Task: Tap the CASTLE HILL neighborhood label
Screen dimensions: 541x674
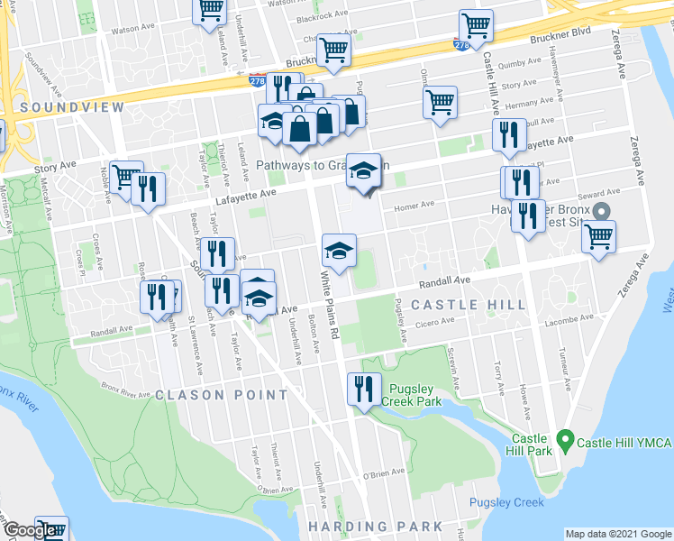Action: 469,305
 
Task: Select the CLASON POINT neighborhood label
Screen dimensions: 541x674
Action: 222,395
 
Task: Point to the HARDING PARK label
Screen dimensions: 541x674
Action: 363,526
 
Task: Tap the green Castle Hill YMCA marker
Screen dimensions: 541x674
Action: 565,441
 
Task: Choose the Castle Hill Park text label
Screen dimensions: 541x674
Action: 526,442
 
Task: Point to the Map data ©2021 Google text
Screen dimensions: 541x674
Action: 617,534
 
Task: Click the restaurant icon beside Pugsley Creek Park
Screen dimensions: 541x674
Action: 363,390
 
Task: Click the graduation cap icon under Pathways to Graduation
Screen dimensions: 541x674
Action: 362,170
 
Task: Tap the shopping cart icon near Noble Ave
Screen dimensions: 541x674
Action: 126,176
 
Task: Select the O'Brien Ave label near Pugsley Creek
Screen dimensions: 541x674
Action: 385,472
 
